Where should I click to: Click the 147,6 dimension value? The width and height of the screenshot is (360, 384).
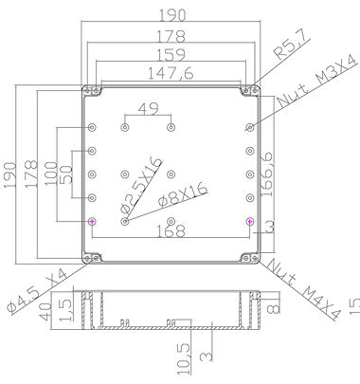[171, 74]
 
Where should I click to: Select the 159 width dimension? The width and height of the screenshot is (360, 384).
[171, 55]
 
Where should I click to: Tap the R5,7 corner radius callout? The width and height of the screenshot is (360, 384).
[290, 46]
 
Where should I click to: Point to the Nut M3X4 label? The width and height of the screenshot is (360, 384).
[317, 82]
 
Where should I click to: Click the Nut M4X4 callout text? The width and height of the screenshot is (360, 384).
[305, 289]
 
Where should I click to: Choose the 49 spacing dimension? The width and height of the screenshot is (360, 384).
[149, 109]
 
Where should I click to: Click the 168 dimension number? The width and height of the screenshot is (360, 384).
[171, 231]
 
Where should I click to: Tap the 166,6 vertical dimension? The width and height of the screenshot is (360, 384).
[267, 174]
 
